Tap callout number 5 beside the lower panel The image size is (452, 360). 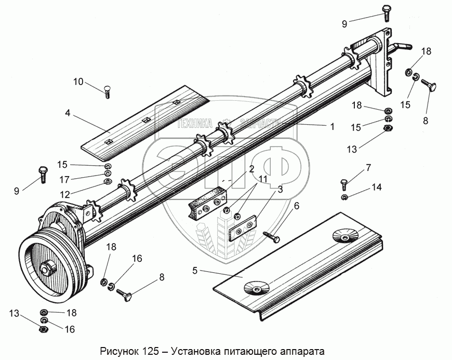pyautogui.click(x=195, y=270)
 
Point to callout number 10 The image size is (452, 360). pyautogui.click(x=78, y=81)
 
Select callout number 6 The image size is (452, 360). pyautogui.click(x=297, y=207)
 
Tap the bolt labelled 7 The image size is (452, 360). pyautogui.click(x=344, y=184)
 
